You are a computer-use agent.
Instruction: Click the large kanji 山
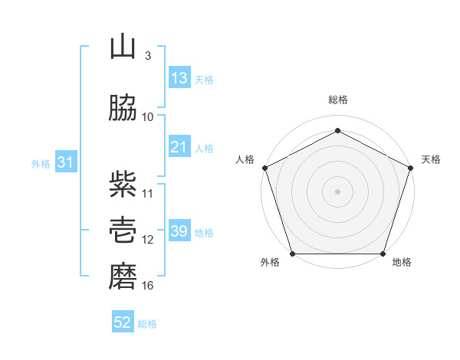(123, 46)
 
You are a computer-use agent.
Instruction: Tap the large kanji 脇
(123, 107)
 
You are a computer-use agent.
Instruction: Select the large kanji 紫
(123, 185)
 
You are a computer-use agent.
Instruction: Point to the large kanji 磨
(123, 277)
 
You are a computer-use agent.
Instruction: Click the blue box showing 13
(179, 77)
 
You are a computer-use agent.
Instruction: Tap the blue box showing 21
(179, 146)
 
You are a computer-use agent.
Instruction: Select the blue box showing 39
(179, 230)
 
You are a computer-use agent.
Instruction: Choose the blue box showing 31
(66, 162)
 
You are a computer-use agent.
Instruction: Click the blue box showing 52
(123, 321)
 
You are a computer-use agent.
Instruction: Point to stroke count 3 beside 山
(148, 56)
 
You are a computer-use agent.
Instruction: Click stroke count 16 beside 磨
(147, 286)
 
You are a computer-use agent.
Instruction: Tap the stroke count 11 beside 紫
(147, 194)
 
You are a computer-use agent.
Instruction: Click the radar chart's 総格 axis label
(338, 100)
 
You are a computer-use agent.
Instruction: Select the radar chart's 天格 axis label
(431, 159)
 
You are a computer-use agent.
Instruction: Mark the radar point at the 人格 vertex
(265, 168)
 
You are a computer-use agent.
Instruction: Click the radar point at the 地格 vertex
(383, 254)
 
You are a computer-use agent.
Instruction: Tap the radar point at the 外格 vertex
(293, 254)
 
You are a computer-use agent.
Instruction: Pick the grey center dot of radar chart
(337, 191)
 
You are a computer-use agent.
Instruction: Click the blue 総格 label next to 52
(147, 324)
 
